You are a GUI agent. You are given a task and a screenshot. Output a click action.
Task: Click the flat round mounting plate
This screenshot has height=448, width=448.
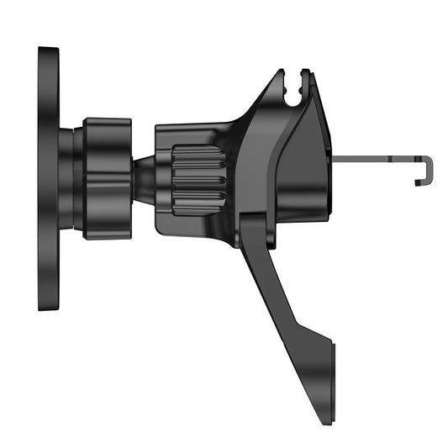pos(48,179)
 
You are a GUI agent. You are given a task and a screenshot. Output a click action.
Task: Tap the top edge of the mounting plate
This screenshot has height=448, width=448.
pos(48,50)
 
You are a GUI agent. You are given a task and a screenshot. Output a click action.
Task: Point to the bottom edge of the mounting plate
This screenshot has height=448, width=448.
pos(48,308)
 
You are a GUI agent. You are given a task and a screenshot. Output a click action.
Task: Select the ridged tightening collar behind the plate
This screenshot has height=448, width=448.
pos(107,178)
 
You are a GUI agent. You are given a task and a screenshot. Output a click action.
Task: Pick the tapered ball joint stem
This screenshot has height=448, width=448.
pos(145,178)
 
